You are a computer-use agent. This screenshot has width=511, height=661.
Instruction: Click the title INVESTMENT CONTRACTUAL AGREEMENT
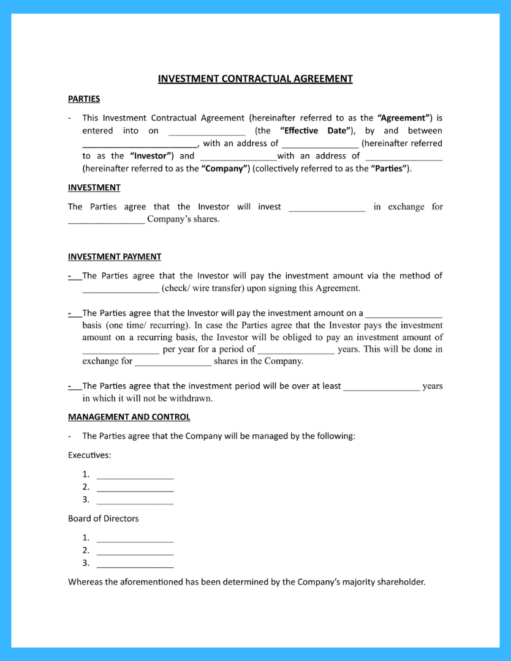255,78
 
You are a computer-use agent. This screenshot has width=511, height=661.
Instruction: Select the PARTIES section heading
84,99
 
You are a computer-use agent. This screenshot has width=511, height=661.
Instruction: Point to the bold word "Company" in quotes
225,168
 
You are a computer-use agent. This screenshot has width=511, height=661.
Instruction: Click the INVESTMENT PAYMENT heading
115,256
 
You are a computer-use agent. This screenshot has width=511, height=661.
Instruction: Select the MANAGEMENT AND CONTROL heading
129,417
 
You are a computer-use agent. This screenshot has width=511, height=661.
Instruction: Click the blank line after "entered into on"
206,132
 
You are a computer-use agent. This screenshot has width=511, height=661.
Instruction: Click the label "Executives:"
89,455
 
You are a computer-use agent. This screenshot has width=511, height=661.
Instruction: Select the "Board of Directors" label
104,518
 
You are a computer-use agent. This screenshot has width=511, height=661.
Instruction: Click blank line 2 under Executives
135,488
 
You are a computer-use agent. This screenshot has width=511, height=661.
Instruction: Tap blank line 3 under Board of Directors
135,564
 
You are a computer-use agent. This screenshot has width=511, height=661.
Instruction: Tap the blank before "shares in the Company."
173,362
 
